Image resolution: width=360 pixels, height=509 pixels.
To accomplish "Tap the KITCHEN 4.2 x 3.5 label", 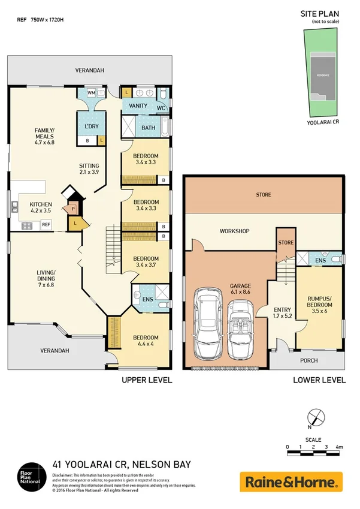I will (x=41, y=207).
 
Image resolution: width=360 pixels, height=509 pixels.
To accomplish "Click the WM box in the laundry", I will (x=92, y=93).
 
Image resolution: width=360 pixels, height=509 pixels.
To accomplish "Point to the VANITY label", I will (x=138, y=106).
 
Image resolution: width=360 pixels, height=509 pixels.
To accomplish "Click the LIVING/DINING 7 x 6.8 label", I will (x=46, y=279).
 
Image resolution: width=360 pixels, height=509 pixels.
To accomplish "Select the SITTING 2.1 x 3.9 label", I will (x=90, y=169).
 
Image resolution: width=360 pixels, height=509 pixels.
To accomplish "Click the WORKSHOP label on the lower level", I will (x=234, y=231).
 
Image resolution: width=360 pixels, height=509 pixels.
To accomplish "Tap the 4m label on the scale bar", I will (x=339, y=447).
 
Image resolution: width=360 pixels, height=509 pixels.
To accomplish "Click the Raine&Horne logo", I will (x=291, y=481).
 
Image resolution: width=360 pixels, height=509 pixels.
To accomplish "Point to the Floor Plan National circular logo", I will (x=29, y=474).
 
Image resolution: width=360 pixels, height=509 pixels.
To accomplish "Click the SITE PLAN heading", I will (x=319, y=13).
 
